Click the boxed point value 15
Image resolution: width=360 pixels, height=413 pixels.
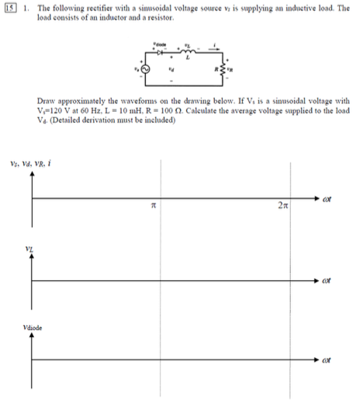7,7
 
